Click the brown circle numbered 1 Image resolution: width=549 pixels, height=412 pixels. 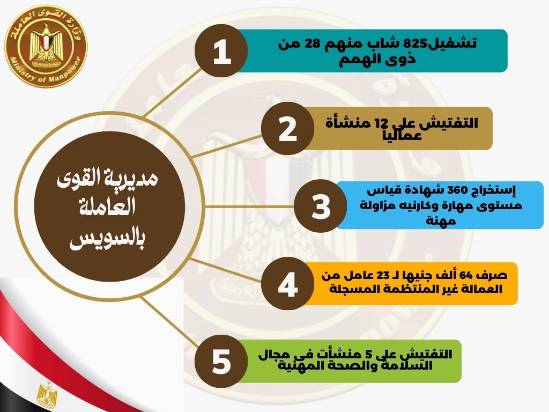[221, 51]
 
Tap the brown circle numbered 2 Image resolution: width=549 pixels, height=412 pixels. [287, 129]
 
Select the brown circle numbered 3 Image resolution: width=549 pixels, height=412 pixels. [321, 206]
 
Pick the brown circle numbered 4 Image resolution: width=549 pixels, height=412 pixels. [287, 283]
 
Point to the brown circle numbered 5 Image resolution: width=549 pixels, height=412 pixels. [221, 361]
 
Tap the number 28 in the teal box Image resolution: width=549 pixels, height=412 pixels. [313, 44]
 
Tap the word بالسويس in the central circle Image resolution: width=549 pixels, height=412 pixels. [107, 240]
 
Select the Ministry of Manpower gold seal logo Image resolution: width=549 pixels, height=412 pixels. [46, 46]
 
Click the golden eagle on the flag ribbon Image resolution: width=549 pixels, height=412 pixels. [48, 395]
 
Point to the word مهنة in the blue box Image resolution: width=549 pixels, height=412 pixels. [441, 220]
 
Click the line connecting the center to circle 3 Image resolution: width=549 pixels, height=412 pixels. [249, 207]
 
